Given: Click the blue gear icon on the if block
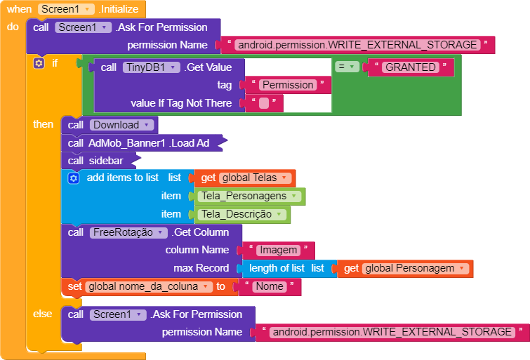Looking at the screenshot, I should (39, 63).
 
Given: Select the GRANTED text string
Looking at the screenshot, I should (411, 67).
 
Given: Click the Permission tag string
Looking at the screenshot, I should (287, 85).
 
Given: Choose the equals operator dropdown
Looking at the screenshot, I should (347, 67).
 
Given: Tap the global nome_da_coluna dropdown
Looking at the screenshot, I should (148, 286).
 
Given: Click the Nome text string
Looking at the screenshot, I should (270, 286).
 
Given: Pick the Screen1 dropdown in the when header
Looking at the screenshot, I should (66, 9).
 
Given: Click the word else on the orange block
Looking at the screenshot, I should (43, 314).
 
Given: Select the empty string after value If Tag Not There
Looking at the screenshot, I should (264, 103).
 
